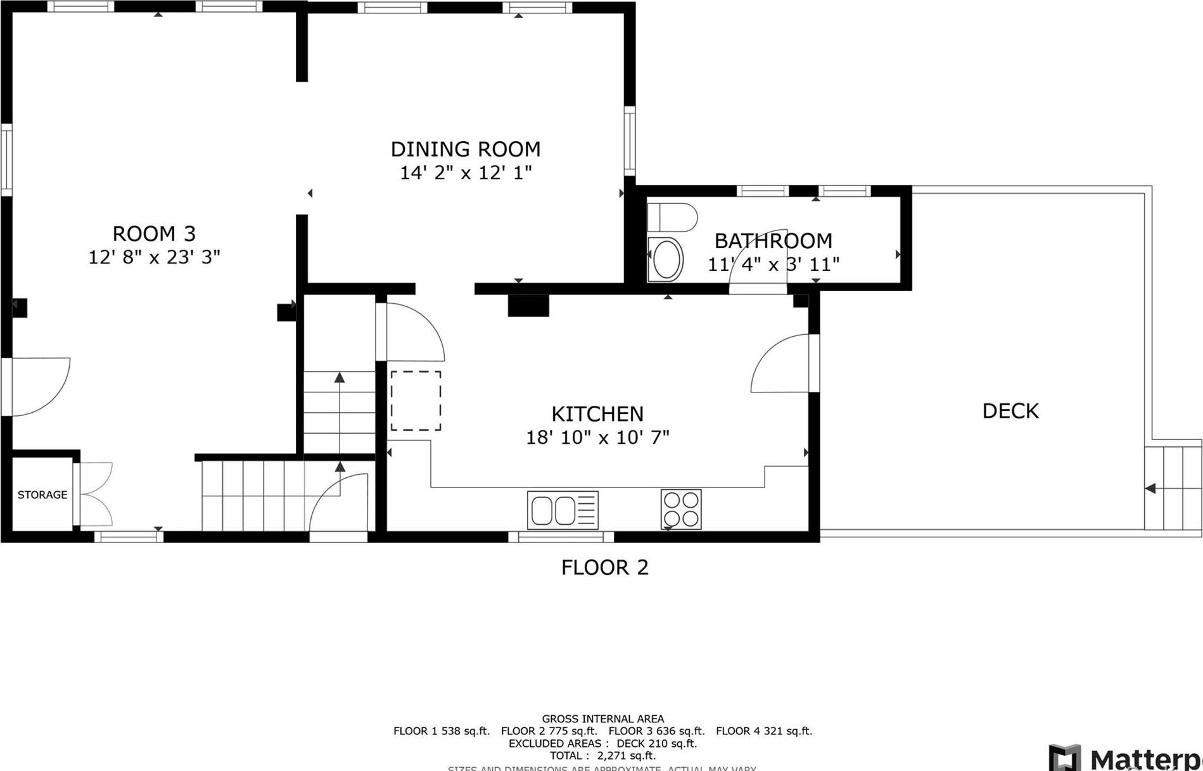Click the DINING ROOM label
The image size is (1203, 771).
[465, 149]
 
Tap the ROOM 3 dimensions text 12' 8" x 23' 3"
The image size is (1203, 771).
[154, 257]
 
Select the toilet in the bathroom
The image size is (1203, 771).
[672, 217]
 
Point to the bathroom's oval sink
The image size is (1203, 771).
[666, 260]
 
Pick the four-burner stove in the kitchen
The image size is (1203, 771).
[681, 510]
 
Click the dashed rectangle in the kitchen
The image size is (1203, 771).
[416, 401]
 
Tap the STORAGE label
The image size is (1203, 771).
[42, 494]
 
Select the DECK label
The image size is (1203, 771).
[1010, 411]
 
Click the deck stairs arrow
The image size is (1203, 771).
[1150, 488]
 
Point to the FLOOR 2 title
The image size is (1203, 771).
[604, 567]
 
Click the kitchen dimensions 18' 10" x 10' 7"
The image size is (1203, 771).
[597, 437]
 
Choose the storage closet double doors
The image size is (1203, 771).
[94, 494]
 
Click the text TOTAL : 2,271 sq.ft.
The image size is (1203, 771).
[602, 755]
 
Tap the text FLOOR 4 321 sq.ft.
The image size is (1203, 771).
[763, 731]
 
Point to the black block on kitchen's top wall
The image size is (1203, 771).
[528, 305]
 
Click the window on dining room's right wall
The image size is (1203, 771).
[629, 141]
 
